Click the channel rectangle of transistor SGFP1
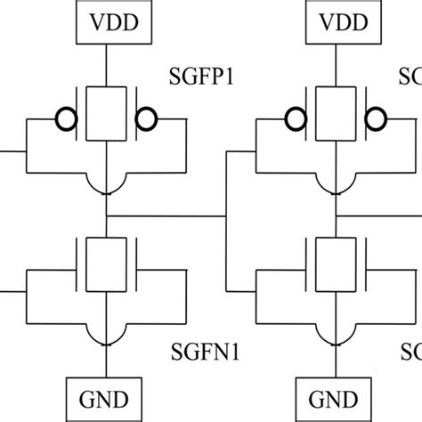[x=106, y=114]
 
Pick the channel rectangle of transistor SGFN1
[x=106, y=264]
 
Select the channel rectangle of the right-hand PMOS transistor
[x=336, y=114]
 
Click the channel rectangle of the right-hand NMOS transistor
[x=336, y=264]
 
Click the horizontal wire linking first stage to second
[x=165, y=215]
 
